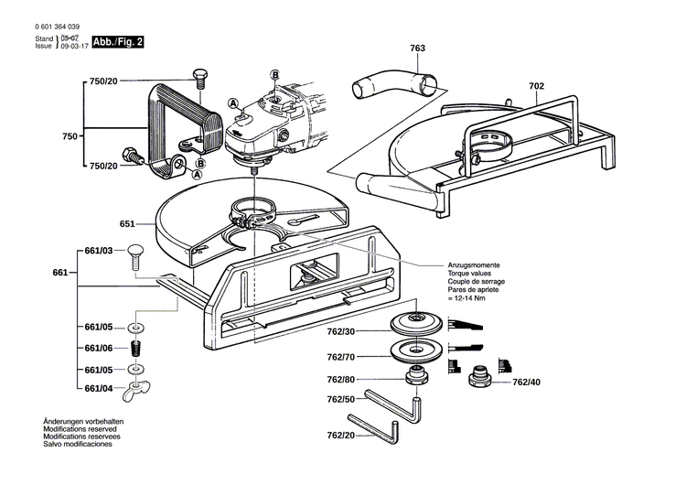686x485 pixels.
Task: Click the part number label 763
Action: (418, 48)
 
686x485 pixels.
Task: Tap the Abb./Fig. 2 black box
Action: (117, 43)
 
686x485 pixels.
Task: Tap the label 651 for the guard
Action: (126, 222)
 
